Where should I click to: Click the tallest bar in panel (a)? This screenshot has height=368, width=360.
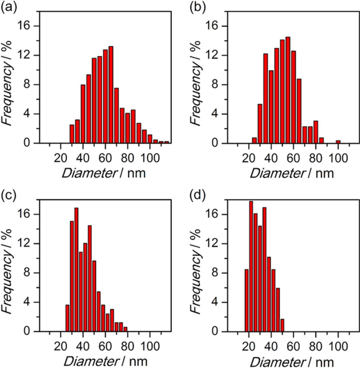(x=111, y=95)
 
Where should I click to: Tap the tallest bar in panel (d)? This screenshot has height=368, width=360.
(x=251, y=266)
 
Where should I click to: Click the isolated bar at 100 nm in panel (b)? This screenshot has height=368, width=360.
(x=338, y=142)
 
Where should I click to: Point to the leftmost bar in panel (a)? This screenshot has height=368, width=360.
(x=72, y=134)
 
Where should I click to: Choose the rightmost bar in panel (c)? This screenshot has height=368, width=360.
(x=125, y=329)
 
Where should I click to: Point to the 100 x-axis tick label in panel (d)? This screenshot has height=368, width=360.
(x=338, y=347)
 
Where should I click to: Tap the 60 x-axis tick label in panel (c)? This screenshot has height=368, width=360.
(x=105, y=347)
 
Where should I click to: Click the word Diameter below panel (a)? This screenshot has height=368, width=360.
(x=89, y=173)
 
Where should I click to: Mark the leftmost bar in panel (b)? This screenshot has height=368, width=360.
(x=254, y=140)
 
